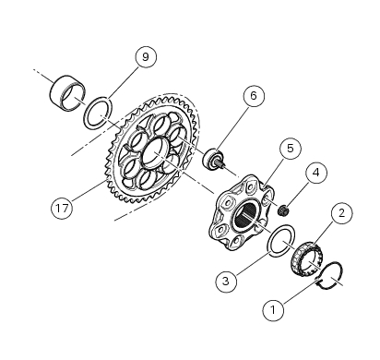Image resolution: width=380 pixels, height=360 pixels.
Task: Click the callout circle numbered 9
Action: pos(143,57)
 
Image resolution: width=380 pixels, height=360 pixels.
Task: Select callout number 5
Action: pos(290,149)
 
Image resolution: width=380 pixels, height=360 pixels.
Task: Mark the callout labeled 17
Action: pos(62,210)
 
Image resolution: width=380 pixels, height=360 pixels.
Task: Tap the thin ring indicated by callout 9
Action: pos(95,117)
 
